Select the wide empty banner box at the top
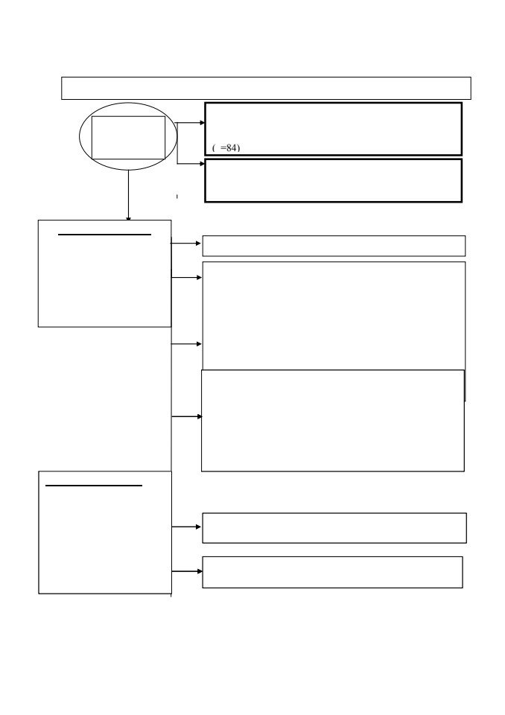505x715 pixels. [266, 88]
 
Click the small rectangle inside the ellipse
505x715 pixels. [128, 138]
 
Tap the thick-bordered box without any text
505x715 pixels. [333, 180]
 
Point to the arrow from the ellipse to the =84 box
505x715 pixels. [190, 123]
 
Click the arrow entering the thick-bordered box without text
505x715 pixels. [191, 164]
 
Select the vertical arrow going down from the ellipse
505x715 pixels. [128, 196]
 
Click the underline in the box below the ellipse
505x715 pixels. [104, 235]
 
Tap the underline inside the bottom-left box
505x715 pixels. [94, 486]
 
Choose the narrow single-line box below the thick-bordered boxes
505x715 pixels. [334, 246]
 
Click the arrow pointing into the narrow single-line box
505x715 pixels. [185, 244]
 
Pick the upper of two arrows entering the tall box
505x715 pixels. [186, 277]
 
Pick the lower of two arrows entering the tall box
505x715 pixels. [186, 344]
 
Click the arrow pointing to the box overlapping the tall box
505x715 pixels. [187, 416]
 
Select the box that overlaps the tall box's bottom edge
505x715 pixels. [332, 420]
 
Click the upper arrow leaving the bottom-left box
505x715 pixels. [186, 527]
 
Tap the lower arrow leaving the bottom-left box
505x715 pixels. [187, 571]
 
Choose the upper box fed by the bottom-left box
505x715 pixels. [334, 528]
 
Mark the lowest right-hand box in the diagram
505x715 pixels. [332, 572]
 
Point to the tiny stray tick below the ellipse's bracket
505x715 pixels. [177, 197]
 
